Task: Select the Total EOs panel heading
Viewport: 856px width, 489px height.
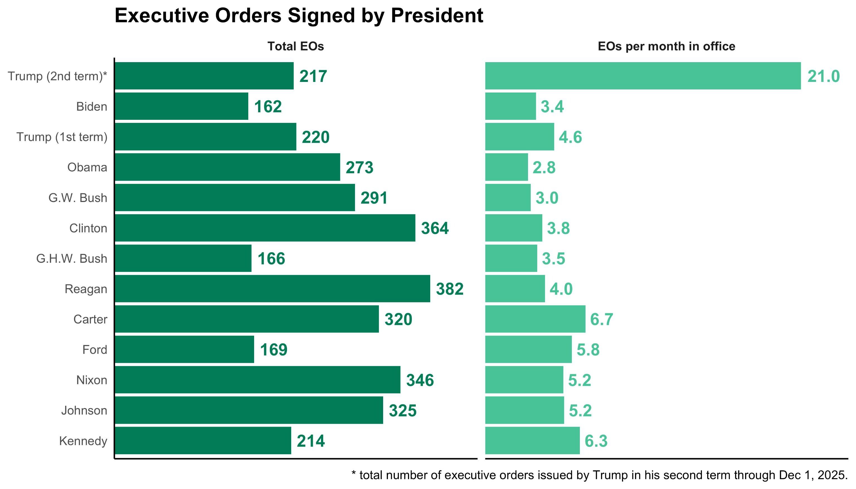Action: tap(296, 46)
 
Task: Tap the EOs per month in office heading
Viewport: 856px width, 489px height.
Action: tap(666, 46)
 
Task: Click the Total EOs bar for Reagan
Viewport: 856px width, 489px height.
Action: tap(272, 289)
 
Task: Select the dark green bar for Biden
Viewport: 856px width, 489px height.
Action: tap(181, 106)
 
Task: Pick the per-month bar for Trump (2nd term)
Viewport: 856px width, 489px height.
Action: tap(643, 76)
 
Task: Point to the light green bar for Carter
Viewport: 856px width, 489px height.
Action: tap(535, 319)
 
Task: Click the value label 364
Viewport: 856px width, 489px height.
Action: tap(435, 228)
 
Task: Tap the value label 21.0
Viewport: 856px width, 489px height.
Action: tap(823, 77)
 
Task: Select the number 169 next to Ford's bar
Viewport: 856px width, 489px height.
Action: tap(273, 350)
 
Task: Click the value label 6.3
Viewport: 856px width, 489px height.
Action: tap(596, 441)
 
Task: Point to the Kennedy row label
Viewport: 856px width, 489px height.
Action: tap(83, 441)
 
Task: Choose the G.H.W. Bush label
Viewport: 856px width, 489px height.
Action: tap(72, 259)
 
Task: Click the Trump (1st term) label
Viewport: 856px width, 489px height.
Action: tap(62, 137)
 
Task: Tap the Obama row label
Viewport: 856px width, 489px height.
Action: tap(87, 167)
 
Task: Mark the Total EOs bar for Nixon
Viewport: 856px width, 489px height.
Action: tap(257, 380)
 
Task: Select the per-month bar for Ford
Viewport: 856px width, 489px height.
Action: tap(528, 350)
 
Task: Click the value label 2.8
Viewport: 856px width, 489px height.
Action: tap(544, 167)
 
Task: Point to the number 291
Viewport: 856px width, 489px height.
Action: tap(374, 198)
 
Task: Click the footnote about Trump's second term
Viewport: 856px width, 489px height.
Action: tap(599, 475)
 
